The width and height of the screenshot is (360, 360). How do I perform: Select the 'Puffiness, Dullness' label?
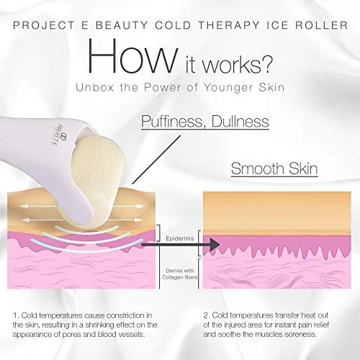click(205, 122)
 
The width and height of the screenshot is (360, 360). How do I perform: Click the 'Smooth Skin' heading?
click(274, 168)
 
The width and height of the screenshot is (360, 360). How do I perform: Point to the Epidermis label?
click(179, 238)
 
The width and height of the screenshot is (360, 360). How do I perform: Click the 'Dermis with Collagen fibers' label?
click(179, 274)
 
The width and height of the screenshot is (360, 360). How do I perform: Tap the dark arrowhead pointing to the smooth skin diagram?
click(215, 245)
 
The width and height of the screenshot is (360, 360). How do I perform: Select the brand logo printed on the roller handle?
click(59, 136)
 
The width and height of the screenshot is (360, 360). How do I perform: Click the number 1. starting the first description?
click(16, 315)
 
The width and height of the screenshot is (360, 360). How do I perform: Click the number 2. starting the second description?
click(207, 315)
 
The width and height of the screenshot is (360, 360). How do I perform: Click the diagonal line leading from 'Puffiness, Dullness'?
click(156, 160)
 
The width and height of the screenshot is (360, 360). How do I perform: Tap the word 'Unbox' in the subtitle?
click(95, 87)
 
